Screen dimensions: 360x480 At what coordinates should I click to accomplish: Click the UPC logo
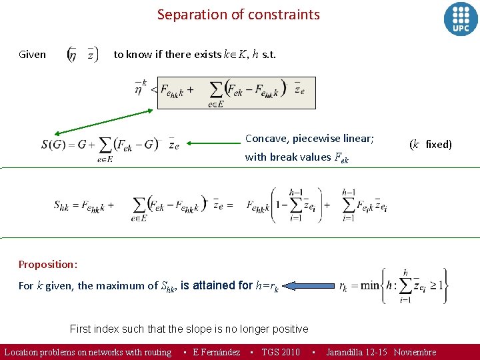click(461, 19)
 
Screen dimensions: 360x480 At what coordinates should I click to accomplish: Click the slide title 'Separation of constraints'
click(238, 15)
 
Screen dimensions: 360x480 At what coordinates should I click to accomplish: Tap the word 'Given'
click(32, 55)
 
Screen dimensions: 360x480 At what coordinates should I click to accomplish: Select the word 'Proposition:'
click(48, 264)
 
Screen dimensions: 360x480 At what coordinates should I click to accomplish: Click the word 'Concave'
click(266, 139)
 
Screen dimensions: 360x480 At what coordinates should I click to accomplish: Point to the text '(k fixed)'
click(430, 144)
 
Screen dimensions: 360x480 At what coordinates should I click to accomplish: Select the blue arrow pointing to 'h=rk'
click(304, 286)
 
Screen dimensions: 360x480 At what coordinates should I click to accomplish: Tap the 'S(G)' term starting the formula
click(56, 144)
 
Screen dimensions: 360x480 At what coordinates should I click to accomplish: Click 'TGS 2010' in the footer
click(280, 352)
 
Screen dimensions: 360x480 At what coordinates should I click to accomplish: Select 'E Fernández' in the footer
click(216, 352)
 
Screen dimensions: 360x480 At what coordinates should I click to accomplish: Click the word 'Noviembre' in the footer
click(415, 352)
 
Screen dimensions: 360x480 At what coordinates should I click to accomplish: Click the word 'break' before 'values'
click(283, 157)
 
